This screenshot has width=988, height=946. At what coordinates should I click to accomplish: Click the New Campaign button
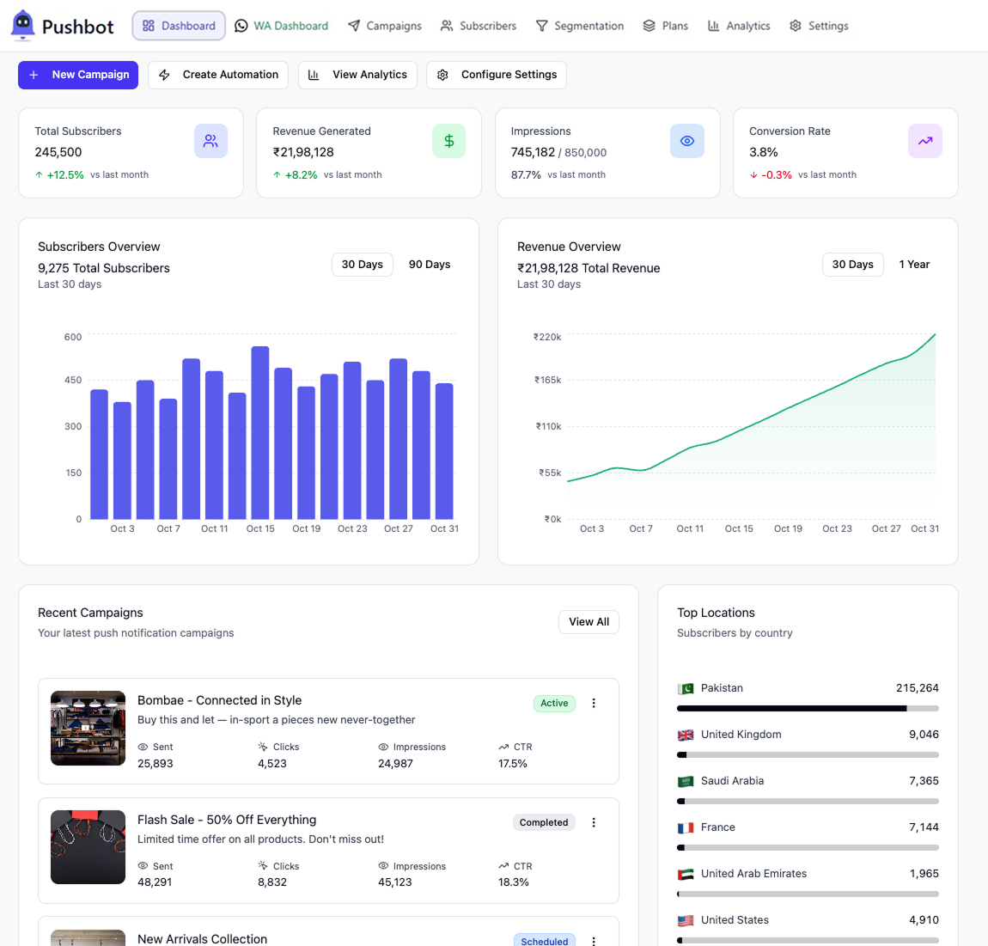pyautogui.click(x=78, y=75)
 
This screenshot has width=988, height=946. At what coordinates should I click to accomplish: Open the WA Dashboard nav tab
pyautogui.click(x=282, y=26)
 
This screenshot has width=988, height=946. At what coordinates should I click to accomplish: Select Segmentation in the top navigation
pyautogui.click(x=580, y=26)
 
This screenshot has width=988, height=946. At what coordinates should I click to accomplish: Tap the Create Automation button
pyautogui.click(x=218, y=75)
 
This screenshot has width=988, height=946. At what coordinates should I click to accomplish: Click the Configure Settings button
pyautogui.click(x=497, y=75)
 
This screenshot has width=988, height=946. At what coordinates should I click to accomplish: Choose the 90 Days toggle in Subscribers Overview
pyautogui.click(x=430, y=265)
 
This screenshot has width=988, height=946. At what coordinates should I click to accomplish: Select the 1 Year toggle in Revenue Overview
pyautogui.click(x=914, y=265)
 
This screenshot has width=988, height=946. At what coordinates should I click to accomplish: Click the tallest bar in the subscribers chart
pyautogui.click(x=260, y=432)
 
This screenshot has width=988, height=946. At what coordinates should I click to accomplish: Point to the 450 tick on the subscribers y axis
pyautogui.click(x=73, y=380)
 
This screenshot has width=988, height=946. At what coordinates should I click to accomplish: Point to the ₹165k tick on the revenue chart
pyautogui.click(x=547, y=380)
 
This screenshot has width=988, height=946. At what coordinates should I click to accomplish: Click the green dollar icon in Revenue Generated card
pyautogui.click(x=448, y=141)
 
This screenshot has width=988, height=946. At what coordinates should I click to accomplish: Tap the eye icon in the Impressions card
pyautogui.click(x=686, y=141)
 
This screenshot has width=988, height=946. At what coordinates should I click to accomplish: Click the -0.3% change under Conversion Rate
pyautogui.click(x=777, y=175)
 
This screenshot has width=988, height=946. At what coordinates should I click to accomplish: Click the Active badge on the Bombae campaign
pyautogui.click(x=554, y=704)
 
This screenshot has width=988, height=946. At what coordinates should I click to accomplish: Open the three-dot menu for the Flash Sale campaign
pyautogui.click(x=594, y=822)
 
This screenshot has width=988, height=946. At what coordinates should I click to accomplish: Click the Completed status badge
pyautogui.click(x=544, y=822)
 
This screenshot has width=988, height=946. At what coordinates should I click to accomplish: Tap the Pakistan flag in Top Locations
pyautogui.click(x=686, y=688)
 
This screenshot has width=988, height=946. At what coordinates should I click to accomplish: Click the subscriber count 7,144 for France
pyautogui.click(x=924, y=827)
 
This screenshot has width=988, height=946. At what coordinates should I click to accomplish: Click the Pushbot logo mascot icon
pyautogui.click(x=23, y=25)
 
